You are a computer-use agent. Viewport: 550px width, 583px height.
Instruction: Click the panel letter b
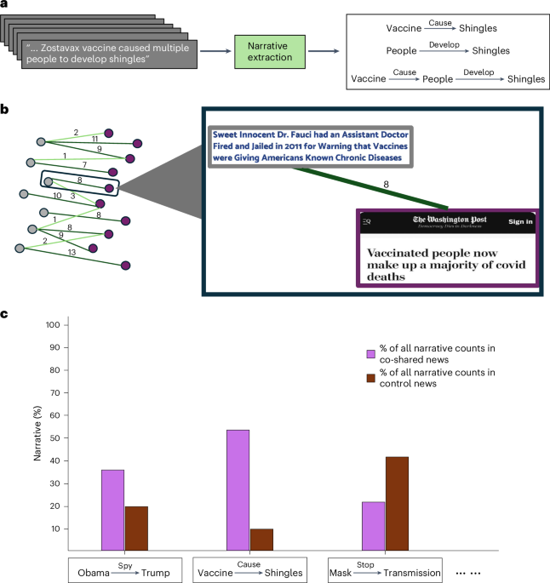click(x=6, y=111)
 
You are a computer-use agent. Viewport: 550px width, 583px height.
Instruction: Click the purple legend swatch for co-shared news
click(x=371, y=354)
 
